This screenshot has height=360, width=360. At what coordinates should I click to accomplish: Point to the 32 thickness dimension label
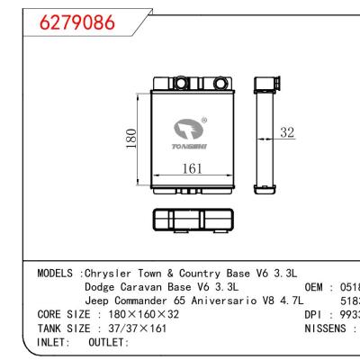(287, 133)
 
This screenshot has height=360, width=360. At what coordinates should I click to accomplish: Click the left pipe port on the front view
(178, 85)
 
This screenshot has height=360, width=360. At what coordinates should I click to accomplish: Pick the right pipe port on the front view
(205, 85)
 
